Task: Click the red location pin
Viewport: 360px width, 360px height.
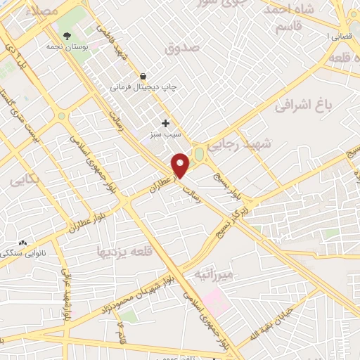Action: pyautogui.click(x=181, y=165)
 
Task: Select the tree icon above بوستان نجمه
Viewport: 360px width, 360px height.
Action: pyautogui.click(x=67, y=34)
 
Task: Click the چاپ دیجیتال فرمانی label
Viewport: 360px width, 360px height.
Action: pyautogui.click(x=143, y=88)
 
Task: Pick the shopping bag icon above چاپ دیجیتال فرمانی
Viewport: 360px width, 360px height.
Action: pyautogui.click(x=143, y=76)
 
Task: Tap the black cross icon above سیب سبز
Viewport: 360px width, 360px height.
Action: pyautogui.click(x=165, y=123)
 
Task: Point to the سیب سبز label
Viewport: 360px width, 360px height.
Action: pyautogui.click(x=160, y=134)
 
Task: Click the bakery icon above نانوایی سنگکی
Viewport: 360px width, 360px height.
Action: pyautogui.click(x=22, y=243)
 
